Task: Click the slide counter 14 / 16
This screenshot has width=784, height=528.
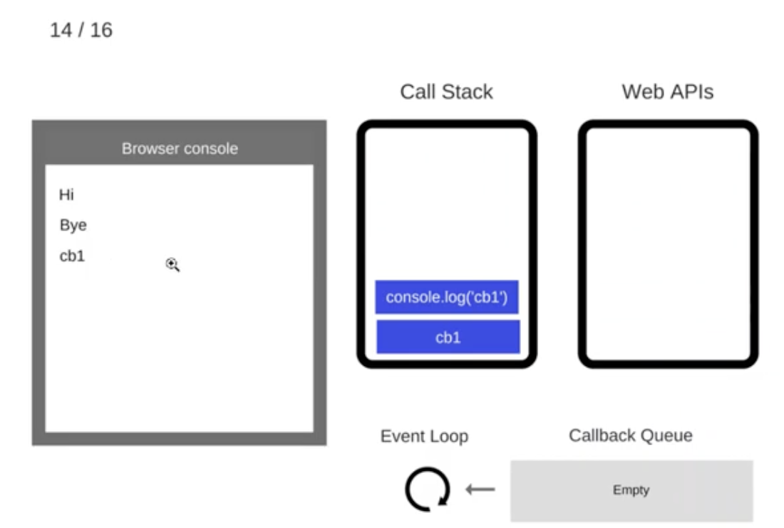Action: tap(81, 30)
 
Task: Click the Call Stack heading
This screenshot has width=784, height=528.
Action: tap(446, 91)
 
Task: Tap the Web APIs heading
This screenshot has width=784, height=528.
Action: tap(668, 91)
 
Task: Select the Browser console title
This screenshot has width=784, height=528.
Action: tap(180, 148)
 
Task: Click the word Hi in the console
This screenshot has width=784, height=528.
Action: tap(66, 194)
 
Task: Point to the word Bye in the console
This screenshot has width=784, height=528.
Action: tap(73, 225)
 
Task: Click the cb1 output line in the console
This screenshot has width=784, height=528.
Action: tap(72, 255)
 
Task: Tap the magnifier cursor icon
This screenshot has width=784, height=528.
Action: tap(172, 264)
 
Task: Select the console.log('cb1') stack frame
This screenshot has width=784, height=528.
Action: tap(447, 298)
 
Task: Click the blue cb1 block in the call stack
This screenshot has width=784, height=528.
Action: tap(448, 337)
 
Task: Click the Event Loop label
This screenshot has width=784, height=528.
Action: tap(425, 436)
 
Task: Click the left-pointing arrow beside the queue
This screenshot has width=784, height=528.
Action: tap(480, 489)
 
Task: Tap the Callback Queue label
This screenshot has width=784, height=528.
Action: tap(631, 435)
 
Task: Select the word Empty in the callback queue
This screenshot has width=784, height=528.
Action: tap(631, 489)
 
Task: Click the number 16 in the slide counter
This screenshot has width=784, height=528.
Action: tap(101, 30)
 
